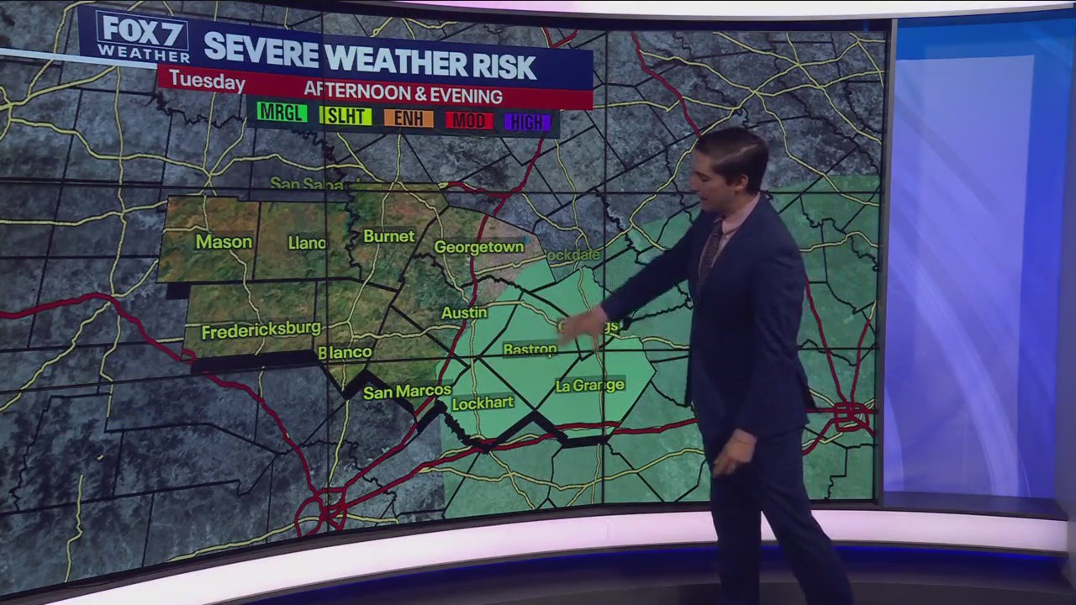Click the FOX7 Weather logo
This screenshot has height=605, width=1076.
(x=141, y=37)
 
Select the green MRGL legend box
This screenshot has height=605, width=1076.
(x=282, y=113)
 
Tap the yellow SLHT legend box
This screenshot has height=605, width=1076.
(x=345, y=117)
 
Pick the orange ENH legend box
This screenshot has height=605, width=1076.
(x=409, y=118)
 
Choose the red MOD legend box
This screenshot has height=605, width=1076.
(x=468, y=120)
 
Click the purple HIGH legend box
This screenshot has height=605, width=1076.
(x=527, y=123)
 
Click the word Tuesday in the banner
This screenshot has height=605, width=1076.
(x=207, y=81)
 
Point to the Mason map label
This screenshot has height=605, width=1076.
(x=224, y=242)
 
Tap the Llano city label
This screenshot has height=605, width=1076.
(x=306, y=243)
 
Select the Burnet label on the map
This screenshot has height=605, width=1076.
(x=389, y=236)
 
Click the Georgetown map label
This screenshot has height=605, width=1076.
(x=479, y=247)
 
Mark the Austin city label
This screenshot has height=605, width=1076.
(x=464, y=313)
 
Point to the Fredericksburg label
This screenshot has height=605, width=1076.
(x=261, y=330)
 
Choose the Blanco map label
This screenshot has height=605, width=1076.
(x=345, y=352)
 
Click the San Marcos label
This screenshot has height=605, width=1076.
(x=407, y=392)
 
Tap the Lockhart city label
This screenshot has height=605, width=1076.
(x=483, y=403)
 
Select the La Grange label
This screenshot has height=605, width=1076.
(x=590, y=385)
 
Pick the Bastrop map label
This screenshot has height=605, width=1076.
(x=530, y=349)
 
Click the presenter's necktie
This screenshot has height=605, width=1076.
(x=711, y=248)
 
